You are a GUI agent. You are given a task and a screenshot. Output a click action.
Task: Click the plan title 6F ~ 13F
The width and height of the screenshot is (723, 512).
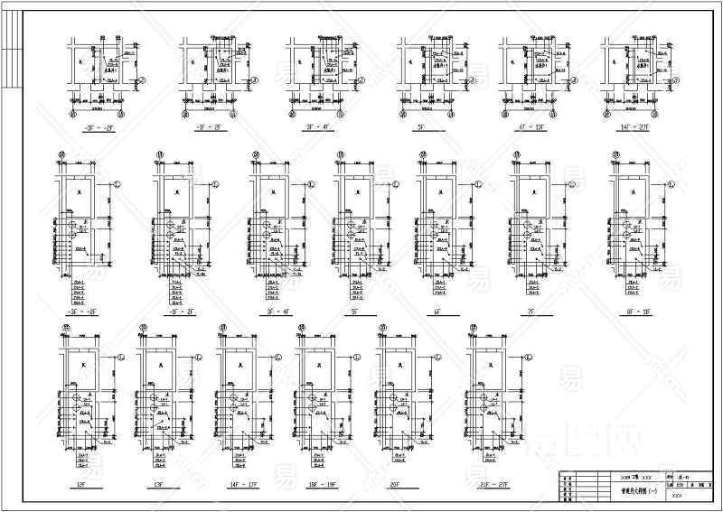[525, 129]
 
